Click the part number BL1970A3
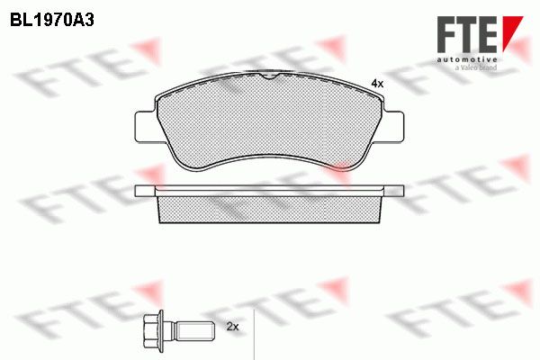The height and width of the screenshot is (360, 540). (52, 21)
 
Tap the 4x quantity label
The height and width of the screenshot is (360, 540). (377, 84)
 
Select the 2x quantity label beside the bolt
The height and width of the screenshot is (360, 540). (233, 326)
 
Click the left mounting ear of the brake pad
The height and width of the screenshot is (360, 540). (145, 126)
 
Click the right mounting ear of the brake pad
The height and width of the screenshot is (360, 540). (393, 126)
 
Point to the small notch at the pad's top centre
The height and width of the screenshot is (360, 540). (269, 76)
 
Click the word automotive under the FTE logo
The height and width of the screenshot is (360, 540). (467, 59)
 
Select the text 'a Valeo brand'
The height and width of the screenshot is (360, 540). (476, 67)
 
